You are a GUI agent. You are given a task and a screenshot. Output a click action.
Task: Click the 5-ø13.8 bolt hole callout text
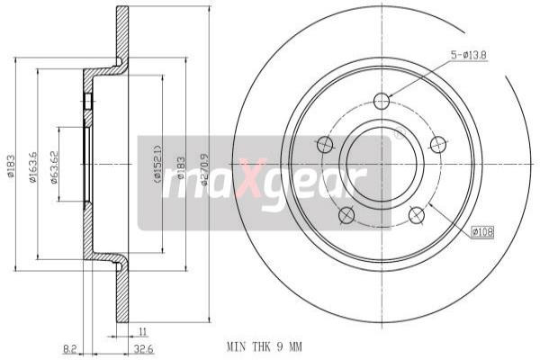click(x=470, y=57)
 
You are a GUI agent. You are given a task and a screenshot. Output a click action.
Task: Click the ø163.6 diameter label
click(x=33, y=168)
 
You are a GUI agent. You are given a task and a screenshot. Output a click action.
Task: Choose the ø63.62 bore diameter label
click(x=54, y=166)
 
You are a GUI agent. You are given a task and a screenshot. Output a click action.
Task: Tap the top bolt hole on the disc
click(x=382, y=100)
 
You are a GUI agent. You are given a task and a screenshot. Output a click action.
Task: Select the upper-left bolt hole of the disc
click(x=325, y=144)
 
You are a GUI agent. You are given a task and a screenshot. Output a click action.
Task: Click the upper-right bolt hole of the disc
click(x=438, y=144)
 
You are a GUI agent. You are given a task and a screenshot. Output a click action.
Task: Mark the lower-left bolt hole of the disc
click(x=346, y=214)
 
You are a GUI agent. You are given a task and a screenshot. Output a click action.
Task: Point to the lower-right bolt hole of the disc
click(x=417, y=214)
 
